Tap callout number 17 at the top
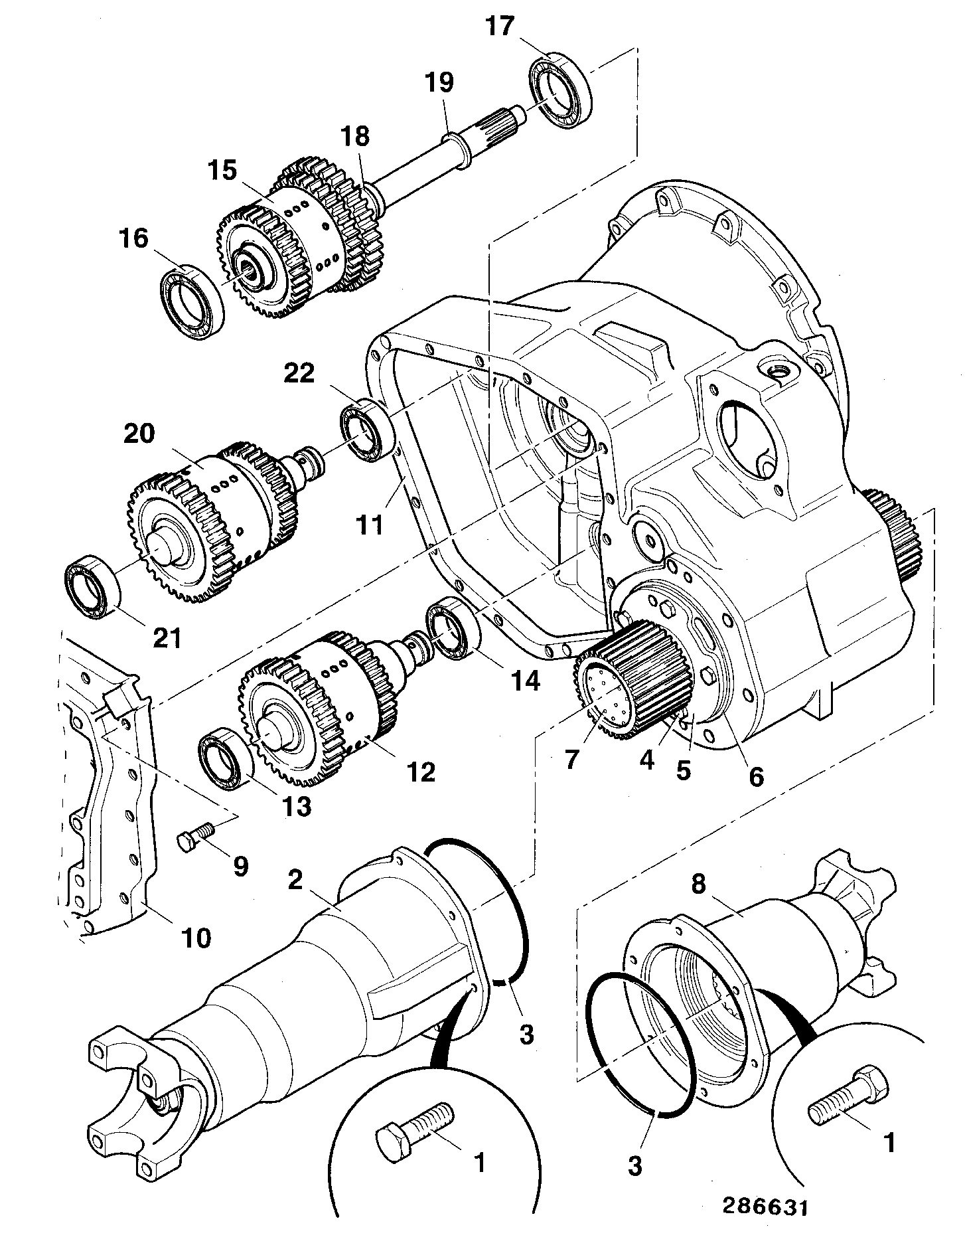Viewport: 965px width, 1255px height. point(500,27)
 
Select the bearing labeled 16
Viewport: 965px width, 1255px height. point(192,303)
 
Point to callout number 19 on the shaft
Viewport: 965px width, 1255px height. point(439,82)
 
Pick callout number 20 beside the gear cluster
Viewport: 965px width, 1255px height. point(139,434)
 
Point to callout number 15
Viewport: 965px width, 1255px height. point(221,170)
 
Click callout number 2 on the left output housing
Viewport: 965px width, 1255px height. point(295,880)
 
